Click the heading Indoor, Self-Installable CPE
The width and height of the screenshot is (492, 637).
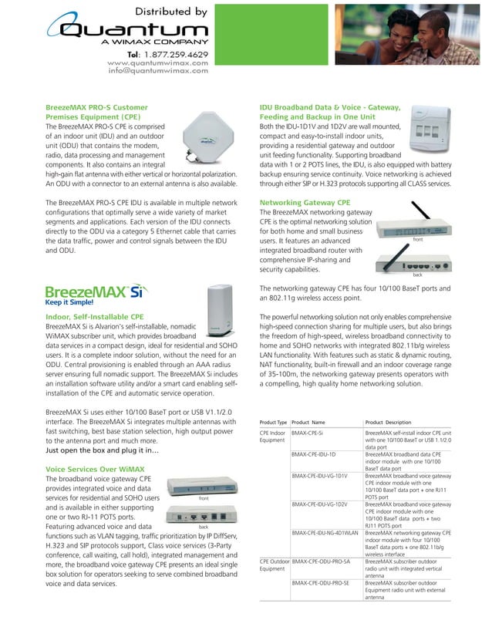pyautogui.click(x=95, y=317)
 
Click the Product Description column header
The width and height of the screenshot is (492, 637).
pyautogui.click(x=388, y=423)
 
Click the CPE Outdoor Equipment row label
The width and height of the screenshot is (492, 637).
pyautogui.click(x=275, y=565)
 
